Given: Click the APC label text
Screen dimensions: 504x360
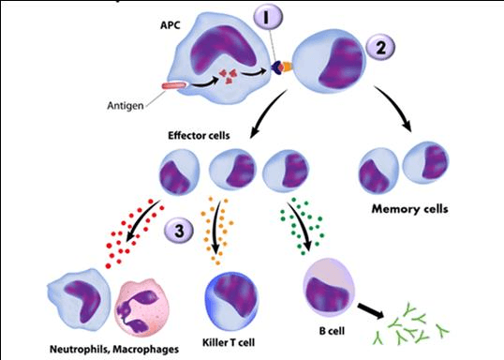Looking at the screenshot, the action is pos(170,24).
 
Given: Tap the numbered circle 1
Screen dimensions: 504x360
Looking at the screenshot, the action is pos(268,18).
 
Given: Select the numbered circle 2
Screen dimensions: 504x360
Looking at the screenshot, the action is pos(381,48).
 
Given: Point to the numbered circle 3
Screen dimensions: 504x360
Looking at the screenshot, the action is pos(179,231).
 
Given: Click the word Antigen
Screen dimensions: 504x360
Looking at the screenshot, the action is pos(126,106).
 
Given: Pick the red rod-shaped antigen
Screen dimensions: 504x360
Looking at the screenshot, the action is pos(174,86).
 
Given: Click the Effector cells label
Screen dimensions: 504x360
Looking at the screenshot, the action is pos(199,135).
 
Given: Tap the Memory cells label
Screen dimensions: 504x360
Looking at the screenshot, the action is pos(409,209).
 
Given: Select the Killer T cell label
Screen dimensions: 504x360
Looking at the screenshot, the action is pos(229,342).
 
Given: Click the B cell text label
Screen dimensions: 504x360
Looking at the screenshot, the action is pos(332,330).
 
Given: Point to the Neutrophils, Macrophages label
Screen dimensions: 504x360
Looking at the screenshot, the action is pos(114,349).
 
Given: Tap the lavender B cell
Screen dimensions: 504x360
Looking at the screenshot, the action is pos(329,288).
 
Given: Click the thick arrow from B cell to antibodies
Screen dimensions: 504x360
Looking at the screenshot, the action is pos(371,310).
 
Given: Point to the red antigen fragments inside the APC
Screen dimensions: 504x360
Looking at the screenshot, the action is pos(228,76).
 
